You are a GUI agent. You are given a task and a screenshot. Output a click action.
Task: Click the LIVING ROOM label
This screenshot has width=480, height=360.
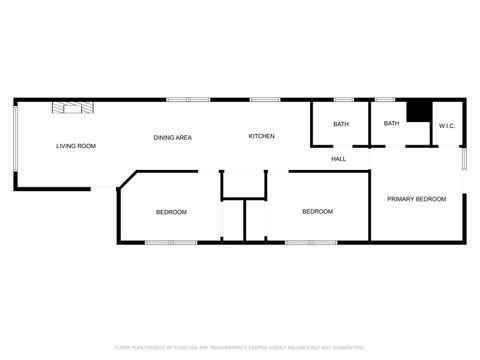point(76,147)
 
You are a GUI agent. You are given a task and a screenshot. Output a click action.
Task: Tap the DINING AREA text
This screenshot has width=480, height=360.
point(172,137)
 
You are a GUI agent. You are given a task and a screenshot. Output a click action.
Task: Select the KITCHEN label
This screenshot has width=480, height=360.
point(262,136)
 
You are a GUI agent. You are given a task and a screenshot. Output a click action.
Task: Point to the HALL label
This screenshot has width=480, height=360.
point(339,159)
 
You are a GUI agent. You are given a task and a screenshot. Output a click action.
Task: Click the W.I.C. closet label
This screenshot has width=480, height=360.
point(446,126)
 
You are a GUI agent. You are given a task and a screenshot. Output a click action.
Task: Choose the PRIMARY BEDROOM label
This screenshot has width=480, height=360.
point(416,199)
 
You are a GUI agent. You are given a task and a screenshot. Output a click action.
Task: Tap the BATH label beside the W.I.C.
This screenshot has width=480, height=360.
point(391,124)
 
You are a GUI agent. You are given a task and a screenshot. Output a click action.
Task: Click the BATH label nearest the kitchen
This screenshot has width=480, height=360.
point(341,125)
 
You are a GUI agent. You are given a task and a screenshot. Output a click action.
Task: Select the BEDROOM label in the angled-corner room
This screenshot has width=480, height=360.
point(171,212)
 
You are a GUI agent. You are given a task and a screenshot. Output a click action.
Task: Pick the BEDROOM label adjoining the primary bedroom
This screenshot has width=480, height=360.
point(317,212)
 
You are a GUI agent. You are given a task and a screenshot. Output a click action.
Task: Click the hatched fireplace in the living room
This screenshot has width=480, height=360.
point(73,106)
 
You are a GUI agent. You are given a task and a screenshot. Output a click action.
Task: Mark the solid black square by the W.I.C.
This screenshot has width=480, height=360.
point(418,111)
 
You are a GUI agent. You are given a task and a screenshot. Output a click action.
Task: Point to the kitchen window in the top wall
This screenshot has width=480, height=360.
point(264,99)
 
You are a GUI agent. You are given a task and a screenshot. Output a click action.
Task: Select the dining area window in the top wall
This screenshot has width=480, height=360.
point(180,99)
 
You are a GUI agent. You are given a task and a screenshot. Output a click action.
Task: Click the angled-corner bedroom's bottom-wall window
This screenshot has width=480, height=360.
point(171,242)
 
